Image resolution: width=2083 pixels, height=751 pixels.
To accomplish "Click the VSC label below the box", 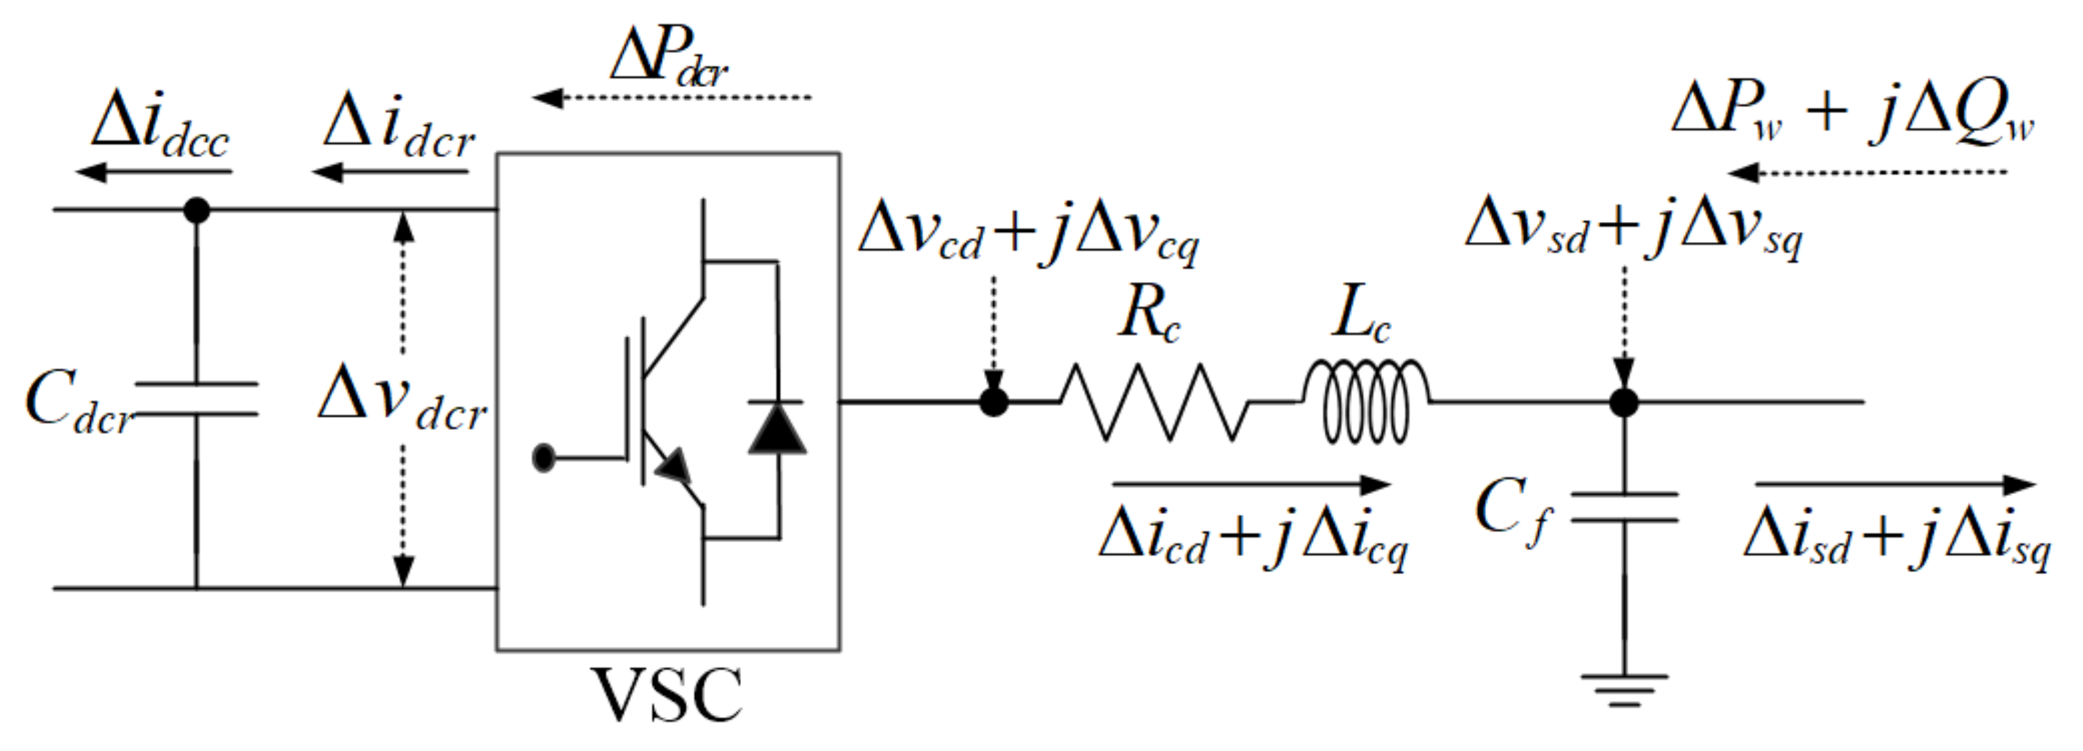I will coord(668,694).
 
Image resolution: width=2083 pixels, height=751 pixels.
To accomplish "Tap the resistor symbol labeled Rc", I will coord(1155,402).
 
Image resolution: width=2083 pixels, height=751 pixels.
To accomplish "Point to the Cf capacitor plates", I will coord(1624,507).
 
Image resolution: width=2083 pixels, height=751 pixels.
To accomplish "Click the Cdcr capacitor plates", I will coord(197,399).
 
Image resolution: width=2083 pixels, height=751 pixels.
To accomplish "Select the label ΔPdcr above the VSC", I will coord(670,57).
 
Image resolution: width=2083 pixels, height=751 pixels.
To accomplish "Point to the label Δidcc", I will coord(160,129).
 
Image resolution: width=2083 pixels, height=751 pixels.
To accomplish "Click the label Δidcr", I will coord(398,129).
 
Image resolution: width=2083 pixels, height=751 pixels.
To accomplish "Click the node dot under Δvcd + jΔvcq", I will coord(994,401).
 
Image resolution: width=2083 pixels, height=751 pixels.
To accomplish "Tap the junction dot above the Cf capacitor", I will coord(1624,402).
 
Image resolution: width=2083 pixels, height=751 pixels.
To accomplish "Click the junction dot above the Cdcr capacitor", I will coord(197,210).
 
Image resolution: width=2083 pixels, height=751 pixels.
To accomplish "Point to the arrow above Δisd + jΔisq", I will coord(1894,485).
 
